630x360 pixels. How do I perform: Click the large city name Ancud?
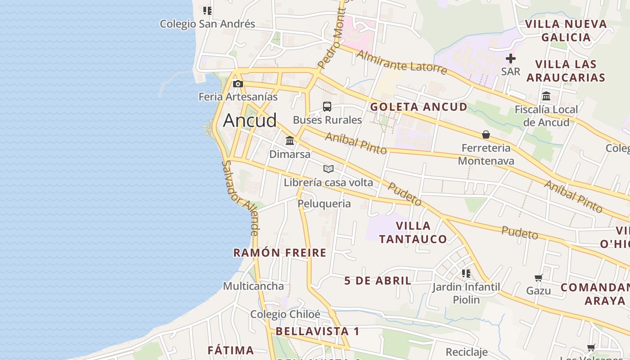(x=250, y=120)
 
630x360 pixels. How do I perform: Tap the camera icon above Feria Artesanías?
(x=238, y=84)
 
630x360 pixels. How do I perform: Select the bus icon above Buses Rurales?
(x=327, y=107)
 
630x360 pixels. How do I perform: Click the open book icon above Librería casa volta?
(x=328, y=169)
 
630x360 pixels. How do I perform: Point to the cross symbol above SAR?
(x=510, y=58)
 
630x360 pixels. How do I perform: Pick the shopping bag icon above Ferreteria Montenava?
(x=486, y=135)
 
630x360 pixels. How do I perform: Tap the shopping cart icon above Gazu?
(x=538, y=278)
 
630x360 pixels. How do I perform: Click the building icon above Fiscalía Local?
(x=546, y=96)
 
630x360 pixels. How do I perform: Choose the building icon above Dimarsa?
(x=290, y=141)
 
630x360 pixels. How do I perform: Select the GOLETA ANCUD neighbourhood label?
(x=418, y=107)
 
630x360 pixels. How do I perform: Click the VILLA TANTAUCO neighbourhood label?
(x=413, y=232)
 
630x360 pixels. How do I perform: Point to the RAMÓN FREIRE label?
(x=279, y=253)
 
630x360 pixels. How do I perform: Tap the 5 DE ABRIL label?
(x=378, y=281)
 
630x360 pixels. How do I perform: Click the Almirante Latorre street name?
(x=402, y=63)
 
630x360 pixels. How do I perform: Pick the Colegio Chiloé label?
(x=285, y=314)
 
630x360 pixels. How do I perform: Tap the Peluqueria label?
(x=324, y=204)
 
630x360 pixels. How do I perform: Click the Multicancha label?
(x=253, y=286)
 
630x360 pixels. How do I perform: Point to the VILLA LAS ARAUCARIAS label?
(x=566, y=71)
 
